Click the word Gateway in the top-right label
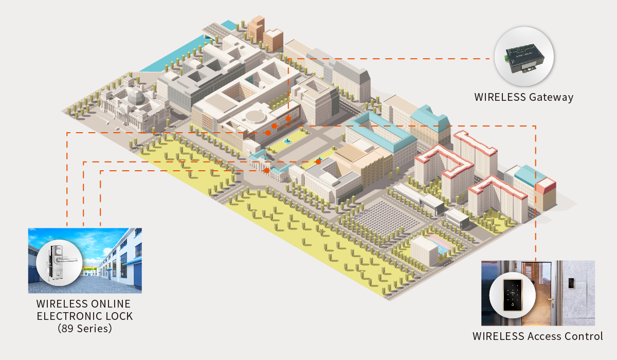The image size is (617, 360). (551, 97)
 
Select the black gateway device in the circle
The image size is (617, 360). (523, 57)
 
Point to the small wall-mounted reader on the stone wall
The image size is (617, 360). (571, 282)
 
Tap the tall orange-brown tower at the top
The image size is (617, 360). (256, 28)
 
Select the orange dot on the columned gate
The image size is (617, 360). (267, 170)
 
